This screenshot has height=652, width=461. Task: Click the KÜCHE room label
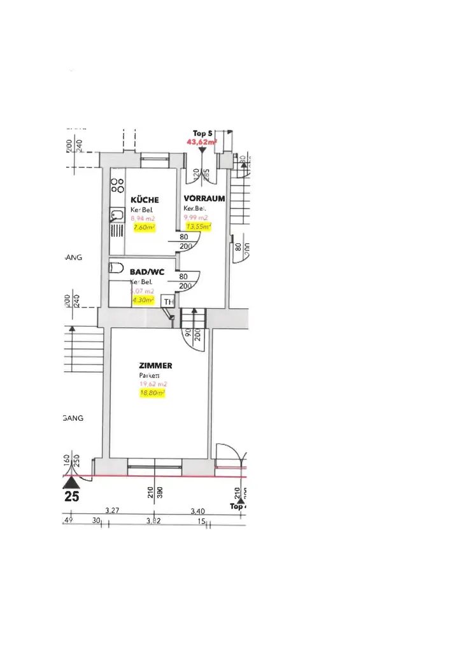point(145,200)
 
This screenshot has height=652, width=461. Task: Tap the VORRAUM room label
point(204,198)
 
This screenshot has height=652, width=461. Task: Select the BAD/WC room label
point(147,272)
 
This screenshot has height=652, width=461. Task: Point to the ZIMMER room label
point(155,365)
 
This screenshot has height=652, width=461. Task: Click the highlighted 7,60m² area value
point(144,227)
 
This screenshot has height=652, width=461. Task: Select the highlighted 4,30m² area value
point(143,299)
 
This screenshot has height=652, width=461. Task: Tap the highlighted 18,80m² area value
point(152,393)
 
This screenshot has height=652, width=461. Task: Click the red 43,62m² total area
point(201,143)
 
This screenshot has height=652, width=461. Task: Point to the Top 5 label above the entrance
point(202,134)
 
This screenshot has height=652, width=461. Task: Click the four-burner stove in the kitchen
point(117,185)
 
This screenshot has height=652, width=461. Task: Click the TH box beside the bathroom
point(169,302)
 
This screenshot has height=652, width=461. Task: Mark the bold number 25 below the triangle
point(71,497)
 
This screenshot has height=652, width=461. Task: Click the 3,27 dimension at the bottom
point(113,511)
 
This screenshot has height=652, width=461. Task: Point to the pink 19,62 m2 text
point(153,385)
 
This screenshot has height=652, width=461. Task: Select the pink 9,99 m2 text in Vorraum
point(197,217)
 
